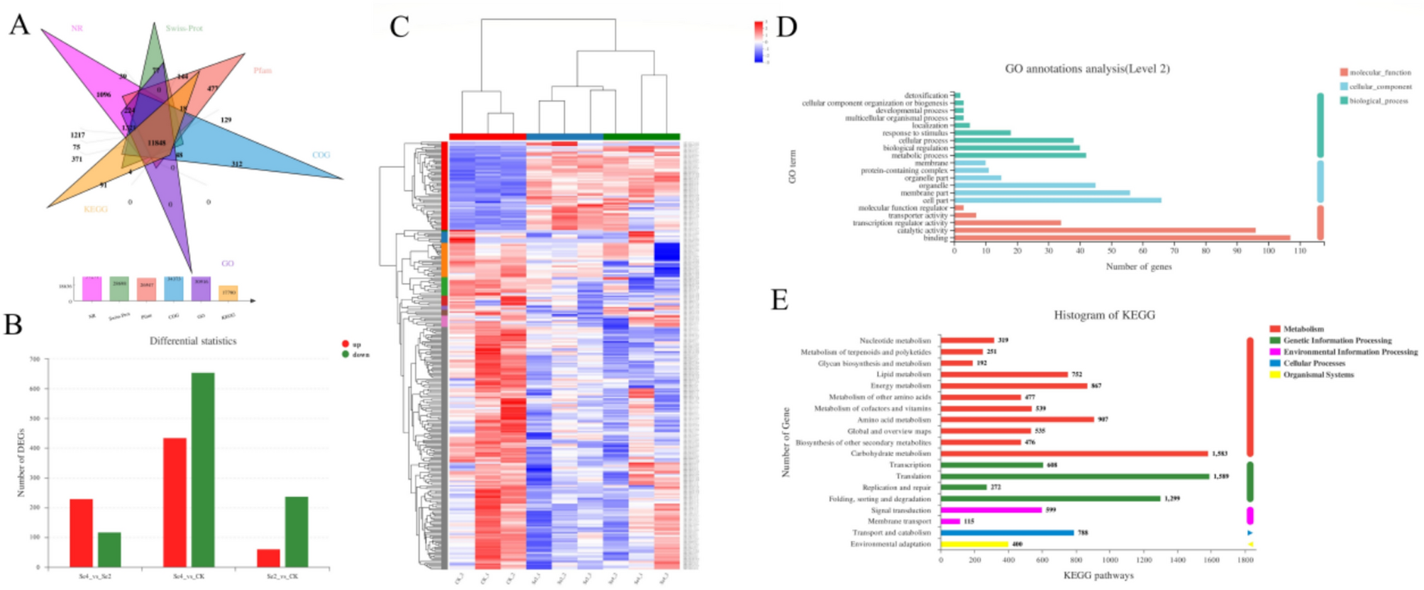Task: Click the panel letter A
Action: coord(19,25)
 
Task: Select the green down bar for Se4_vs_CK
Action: coord(203,469)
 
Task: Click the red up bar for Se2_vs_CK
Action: coord(268,558)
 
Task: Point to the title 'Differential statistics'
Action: coord(193,341)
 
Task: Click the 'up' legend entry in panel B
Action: coord(351,345)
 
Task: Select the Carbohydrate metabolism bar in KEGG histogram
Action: coord(1073,454)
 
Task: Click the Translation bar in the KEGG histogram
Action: coord(1074,477)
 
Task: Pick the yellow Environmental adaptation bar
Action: coord(974,545)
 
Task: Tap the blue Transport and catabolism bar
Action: coord(1007,533)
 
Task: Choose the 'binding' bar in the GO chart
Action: coord(1122,238)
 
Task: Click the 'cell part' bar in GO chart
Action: coord(1057,201)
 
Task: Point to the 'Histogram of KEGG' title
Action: coord(1104,315)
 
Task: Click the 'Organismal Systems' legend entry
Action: coord(1318,374)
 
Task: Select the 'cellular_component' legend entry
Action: coord(1379,87)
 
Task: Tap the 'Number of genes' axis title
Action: coord(1138,267)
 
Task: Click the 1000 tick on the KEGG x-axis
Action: coord(1110,560)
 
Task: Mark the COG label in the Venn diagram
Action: coord(321,155)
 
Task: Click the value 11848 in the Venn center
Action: coord(157,143)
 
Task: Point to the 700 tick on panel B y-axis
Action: coord(35,360)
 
